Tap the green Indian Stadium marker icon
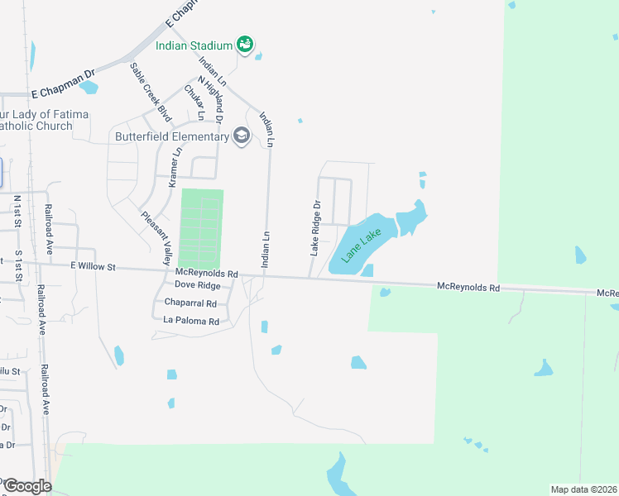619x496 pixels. click(x=245, y=44)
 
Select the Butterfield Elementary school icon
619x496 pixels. click(x=242, y=136)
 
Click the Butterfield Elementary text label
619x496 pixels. click(x=171, y=136)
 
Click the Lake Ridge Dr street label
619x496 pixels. click(x=315, y=227)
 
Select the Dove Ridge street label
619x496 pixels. click(x=192, y=285)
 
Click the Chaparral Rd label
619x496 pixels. click(x=190, y=303)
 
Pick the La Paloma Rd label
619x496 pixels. click(x=191, y=321)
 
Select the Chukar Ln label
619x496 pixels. click(x=194, y=103)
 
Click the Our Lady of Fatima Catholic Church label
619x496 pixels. click(x=36, y=120)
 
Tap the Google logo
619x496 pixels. click(x=27, y=486)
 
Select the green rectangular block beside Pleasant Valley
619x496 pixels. click(x=202, y=228)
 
